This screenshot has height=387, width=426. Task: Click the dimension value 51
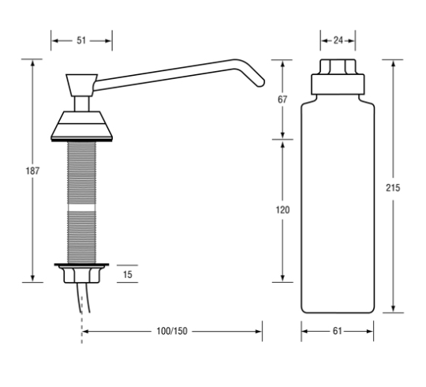81,40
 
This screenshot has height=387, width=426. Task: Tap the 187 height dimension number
32,171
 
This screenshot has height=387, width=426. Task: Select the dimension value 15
128,274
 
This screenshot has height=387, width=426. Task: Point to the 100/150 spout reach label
172,331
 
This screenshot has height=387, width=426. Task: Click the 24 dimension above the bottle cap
338,40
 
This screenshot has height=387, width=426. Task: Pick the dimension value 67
282,100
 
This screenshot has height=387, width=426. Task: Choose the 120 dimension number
282,209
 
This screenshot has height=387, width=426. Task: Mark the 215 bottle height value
393,188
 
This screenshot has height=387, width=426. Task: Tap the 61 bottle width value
337,331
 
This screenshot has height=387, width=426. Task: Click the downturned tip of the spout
260,83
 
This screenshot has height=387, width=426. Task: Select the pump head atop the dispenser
81,85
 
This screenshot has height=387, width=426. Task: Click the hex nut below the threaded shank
82,275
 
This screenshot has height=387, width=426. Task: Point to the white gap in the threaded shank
81,208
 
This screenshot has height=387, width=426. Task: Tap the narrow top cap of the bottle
338,66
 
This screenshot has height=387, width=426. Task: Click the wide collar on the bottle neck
338,85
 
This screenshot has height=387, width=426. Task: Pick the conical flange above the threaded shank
81,125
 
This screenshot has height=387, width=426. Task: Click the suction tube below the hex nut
84,298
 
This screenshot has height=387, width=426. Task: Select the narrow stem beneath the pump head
81,103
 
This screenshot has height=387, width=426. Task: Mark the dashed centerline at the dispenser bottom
82,328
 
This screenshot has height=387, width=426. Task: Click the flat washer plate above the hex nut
81,265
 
